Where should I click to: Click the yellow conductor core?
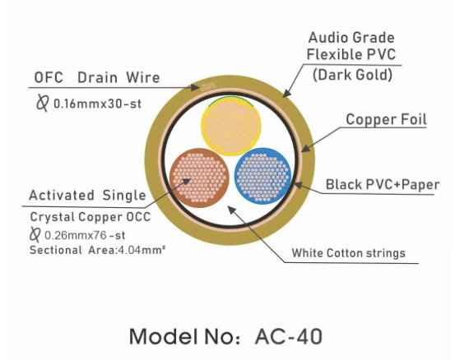click(231, 126)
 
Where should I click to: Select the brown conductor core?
click(200, 178)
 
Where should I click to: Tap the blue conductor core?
click(262, 176)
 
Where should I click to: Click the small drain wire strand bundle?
click(208, 86)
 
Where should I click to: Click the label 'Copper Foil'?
click(386, 119)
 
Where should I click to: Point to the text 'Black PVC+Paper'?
click(383, 184)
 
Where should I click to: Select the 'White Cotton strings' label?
click(349, 253)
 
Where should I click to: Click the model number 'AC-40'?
click(289, 336)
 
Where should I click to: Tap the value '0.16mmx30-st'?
click(98, 104)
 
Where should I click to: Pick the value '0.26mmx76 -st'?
click(85, 235)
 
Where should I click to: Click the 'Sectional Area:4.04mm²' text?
click(97, 251)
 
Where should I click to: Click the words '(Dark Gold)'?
click(352, 75)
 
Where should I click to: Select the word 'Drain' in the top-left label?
click(97, 78)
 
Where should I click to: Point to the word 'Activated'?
click(62, 196)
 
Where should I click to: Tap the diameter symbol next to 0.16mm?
click(42, 103)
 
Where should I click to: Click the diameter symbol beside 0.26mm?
click(35, 234)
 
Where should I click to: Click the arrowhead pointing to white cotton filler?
click(231, 210)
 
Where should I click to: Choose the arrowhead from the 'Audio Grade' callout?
click(286, 93)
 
